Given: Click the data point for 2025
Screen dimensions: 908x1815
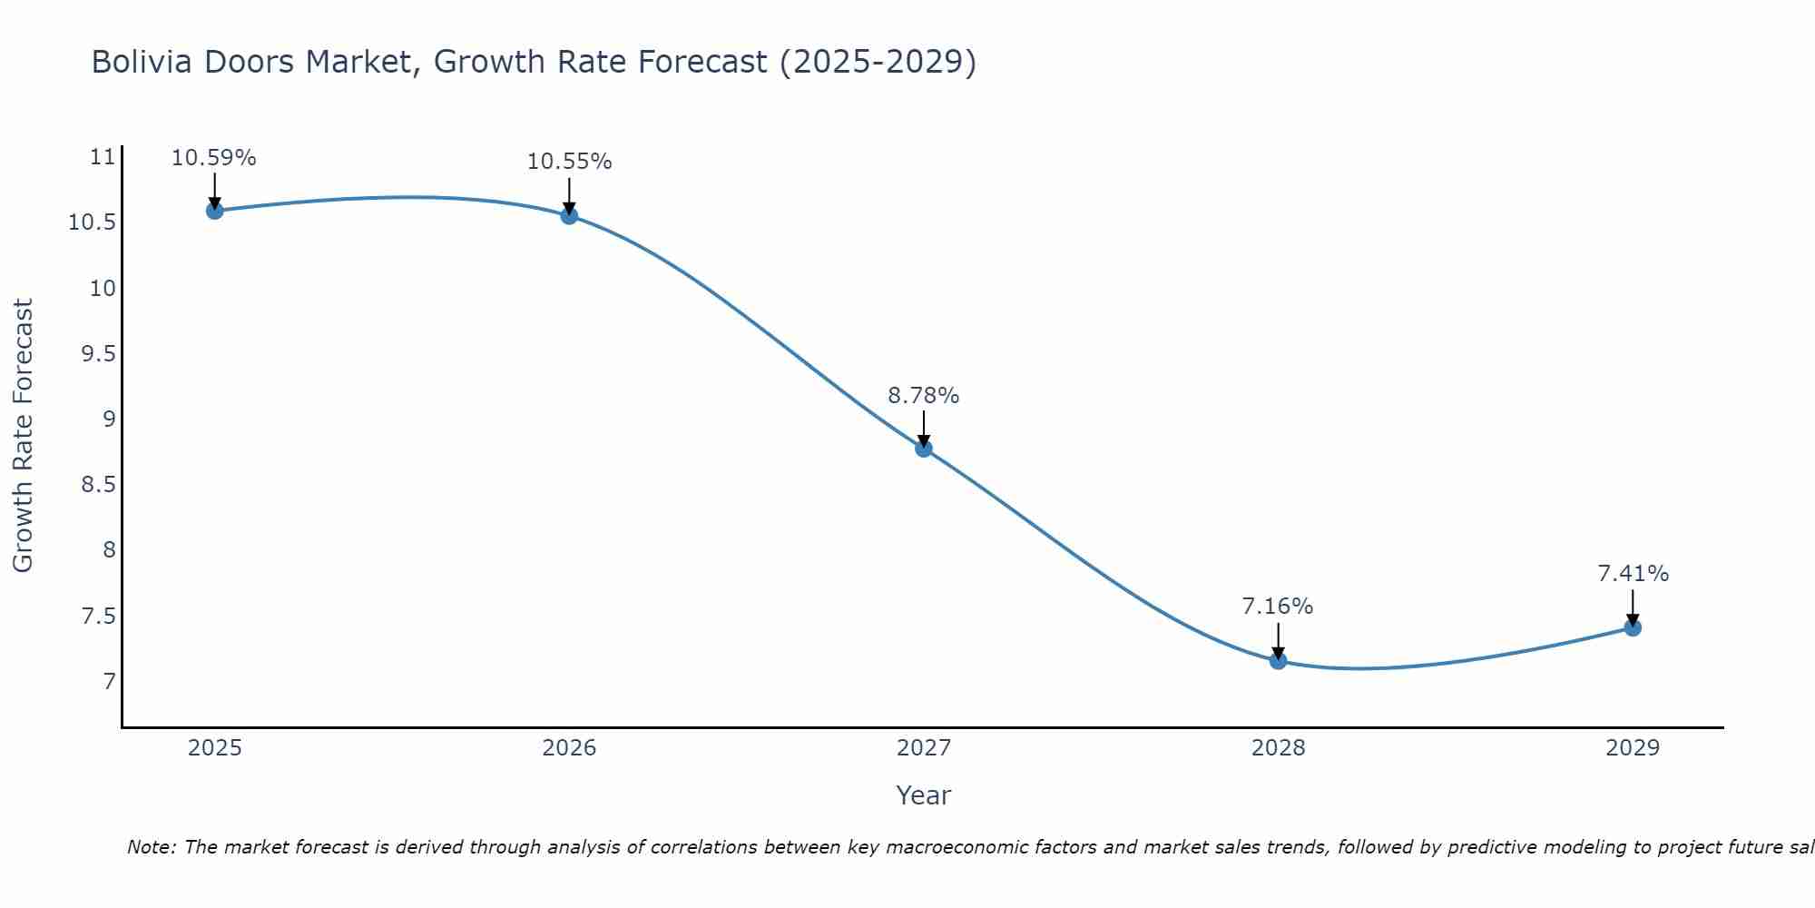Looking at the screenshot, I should click(x=215, y=211).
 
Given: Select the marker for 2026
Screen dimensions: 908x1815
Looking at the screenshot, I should click(x=569, y=215).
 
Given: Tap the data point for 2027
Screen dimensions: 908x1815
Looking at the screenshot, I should click(x=924, y=448).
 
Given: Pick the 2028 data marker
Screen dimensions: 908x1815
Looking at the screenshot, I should click(x=1278, y=660).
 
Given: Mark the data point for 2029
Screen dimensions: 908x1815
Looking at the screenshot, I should click(x=1633, y=627).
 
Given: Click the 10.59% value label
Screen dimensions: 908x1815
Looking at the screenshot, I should click(x=214, y=158).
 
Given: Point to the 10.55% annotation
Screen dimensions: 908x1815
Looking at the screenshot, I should click(x=569, y=162).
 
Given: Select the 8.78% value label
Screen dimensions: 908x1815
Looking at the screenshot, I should click(x=924, y=396).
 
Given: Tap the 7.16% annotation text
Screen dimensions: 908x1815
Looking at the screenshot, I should click(x=1278, y=607).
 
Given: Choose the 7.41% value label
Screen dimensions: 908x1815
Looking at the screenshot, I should click(x=1633, y=574).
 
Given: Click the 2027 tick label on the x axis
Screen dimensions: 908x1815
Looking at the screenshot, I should click(x=924, y=748).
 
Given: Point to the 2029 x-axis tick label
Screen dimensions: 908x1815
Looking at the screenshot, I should click(x=1633, y=748).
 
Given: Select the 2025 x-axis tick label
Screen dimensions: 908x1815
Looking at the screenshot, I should click(x=215, y=748).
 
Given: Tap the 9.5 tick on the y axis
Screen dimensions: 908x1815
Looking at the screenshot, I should click(x=99, y=354).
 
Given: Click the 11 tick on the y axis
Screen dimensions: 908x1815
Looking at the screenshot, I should click(x=103, y=157).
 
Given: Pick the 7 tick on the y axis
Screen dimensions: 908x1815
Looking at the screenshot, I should click(x=110, y=681).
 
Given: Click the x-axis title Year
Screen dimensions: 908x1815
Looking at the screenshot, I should click(x=924, y=795).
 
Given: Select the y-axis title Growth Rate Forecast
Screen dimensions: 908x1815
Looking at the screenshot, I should click(x=24, y=436).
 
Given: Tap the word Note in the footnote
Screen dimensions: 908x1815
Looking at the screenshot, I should click(x=152, y=847).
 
